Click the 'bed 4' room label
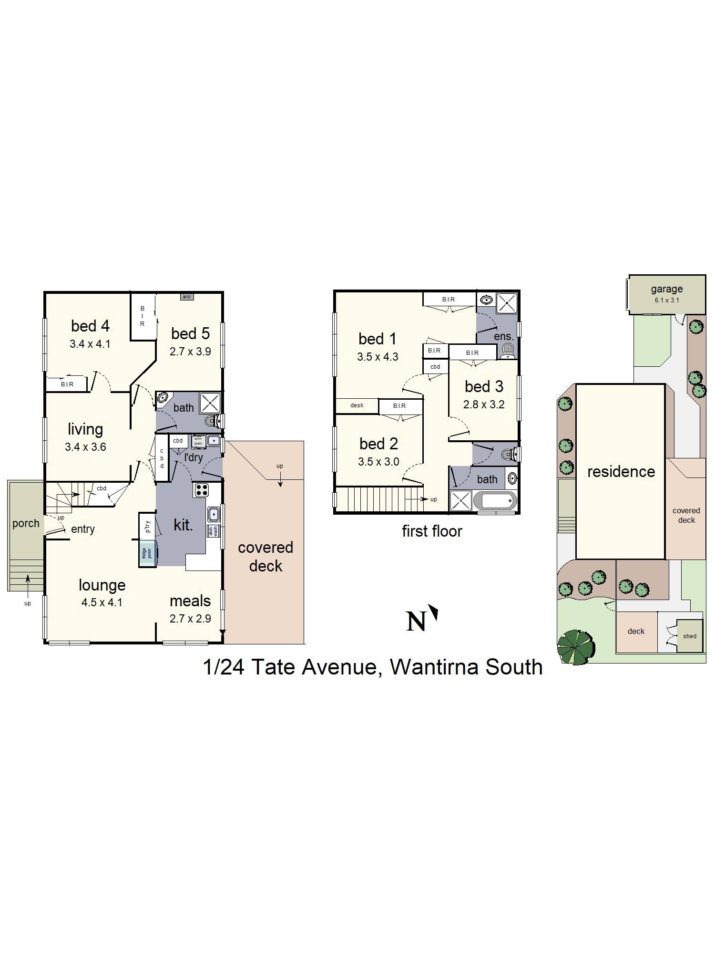click(x=90, y=326)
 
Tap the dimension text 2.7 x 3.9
click(x=190, y=352)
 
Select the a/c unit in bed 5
click(x=186, y=297)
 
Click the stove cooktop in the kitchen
click(x=201, y=490)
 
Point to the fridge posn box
click(x=147, y=553)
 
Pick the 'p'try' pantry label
click(x=148, y=526)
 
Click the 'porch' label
click(x=26, y=523)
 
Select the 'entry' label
click(x=83, y=529)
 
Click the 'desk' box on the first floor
click(x=357, y=405)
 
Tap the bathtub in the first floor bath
click(x=499, y=501)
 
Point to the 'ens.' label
click(x=503, y=336)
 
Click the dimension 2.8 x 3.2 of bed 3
click(x=484, y=404)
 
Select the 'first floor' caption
click(x=432, y=531)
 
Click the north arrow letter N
click(x=416, y=621)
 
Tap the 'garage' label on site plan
click(x=666, y=289)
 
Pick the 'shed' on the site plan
click(x=689, y=636)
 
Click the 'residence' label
click(x=621, y=472)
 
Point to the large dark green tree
click(x=576, y=647)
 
